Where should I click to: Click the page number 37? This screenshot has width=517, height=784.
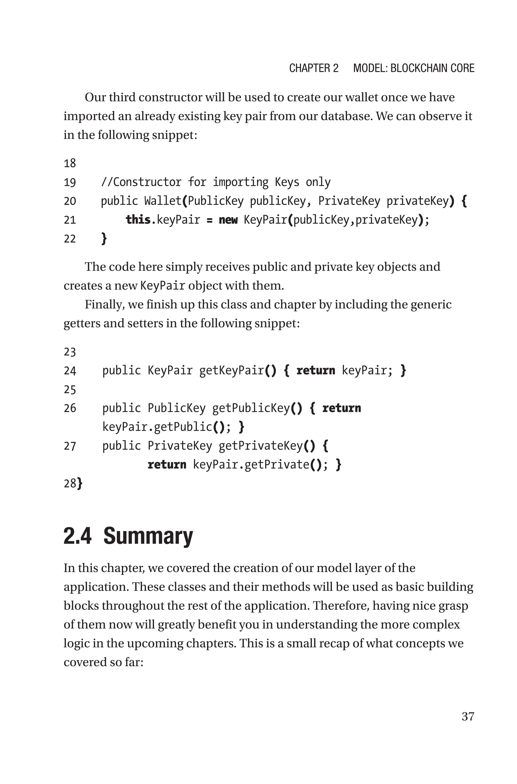click(468, 716)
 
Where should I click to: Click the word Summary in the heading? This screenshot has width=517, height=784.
click(148, 536)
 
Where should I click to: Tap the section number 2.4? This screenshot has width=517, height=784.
click(77, 536)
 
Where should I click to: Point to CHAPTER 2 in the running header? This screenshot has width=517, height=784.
click(314, 68)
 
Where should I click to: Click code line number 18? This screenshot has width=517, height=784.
click(70, 163)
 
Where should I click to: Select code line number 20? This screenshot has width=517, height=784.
click(70, 201)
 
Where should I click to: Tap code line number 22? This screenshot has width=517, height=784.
click(70, 239)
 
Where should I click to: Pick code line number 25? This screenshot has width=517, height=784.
click(70, 390)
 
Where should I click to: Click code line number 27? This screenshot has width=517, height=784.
click(70, 446)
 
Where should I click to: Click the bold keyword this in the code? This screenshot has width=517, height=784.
click(138, 220)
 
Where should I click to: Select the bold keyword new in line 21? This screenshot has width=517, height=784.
click(228, 220)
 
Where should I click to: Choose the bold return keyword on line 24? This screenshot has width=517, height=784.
click(316, 371)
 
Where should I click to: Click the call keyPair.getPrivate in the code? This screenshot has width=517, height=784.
click(251, 465)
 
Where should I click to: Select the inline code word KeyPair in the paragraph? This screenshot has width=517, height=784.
click(163, 286)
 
